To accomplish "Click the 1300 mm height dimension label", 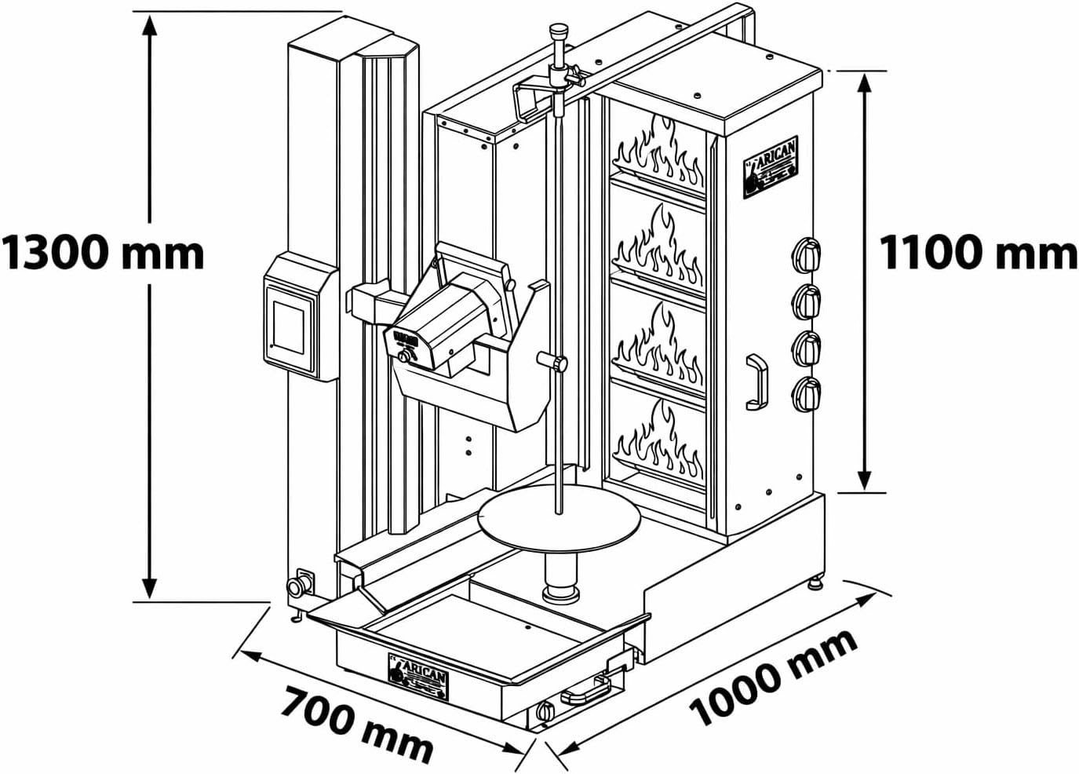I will point(102,253).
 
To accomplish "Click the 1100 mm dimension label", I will point(977,253).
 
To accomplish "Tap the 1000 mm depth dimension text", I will point(773,677).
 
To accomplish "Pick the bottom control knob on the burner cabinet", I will point(807,393).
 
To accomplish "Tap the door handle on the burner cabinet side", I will point(756,382).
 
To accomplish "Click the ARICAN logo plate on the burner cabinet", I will point(771,167).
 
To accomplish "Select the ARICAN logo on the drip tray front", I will point(418,677).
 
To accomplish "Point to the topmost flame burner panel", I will point(658,153).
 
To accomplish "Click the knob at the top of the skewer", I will point(558,32).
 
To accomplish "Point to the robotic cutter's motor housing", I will point(443,330).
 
